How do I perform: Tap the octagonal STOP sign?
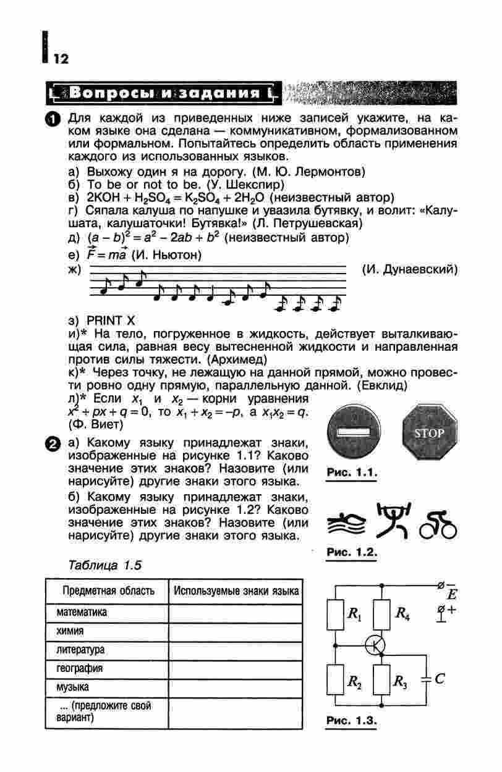pos(428,433)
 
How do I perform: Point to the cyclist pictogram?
pos(438,525)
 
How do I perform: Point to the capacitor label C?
pos(440,679)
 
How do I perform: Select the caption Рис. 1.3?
pos(351,721)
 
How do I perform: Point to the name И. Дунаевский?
pos(409,270)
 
